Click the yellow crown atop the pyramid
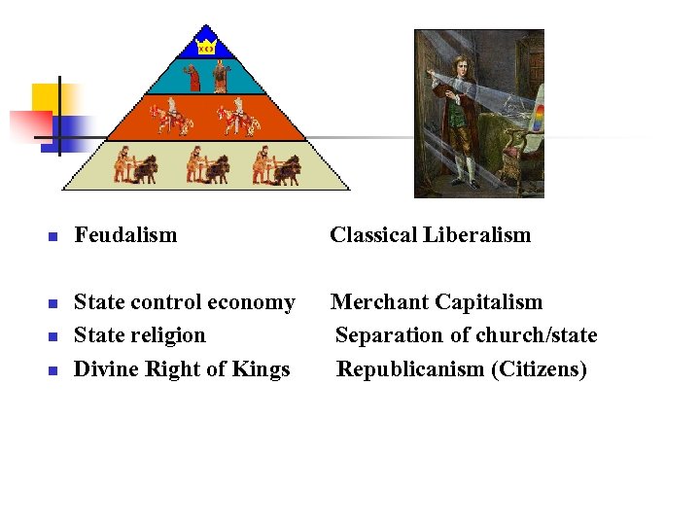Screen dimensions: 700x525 206,48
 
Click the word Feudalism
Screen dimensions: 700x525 125,234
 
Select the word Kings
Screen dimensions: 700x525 262,369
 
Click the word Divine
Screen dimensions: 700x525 104,369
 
